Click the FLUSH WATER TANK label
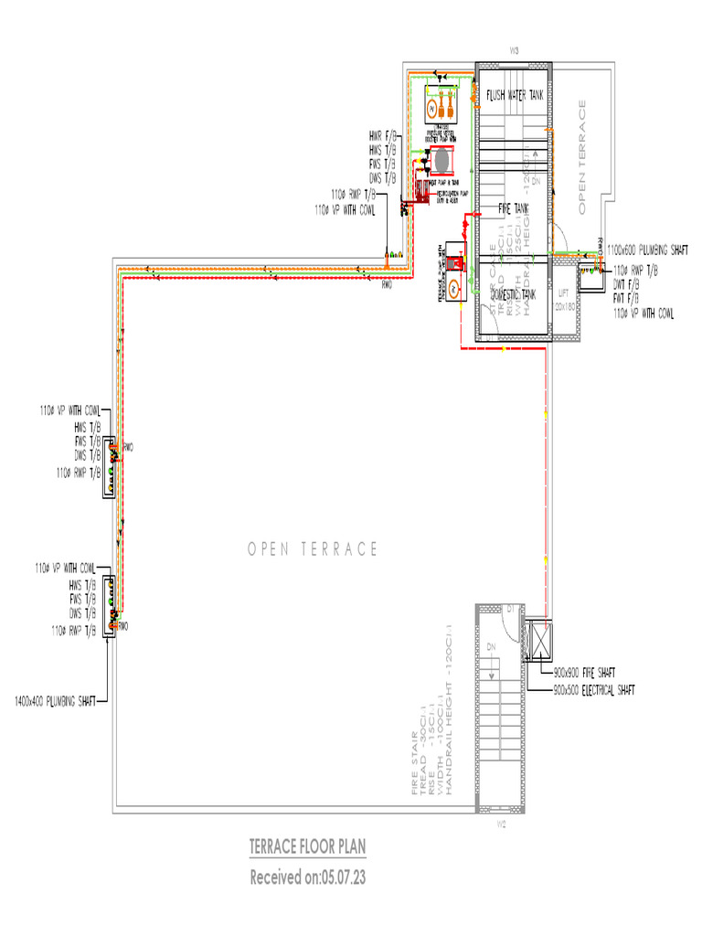(518, 95)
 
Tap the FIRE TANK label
(513, 208)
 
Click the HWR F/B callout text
(383, 136)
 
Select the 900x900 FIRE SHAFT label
(584, 673)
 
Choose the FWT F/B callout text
(626, 299)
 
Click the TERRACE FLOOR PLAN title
(308, 847)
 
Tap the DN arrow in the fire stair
(492, 649)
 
